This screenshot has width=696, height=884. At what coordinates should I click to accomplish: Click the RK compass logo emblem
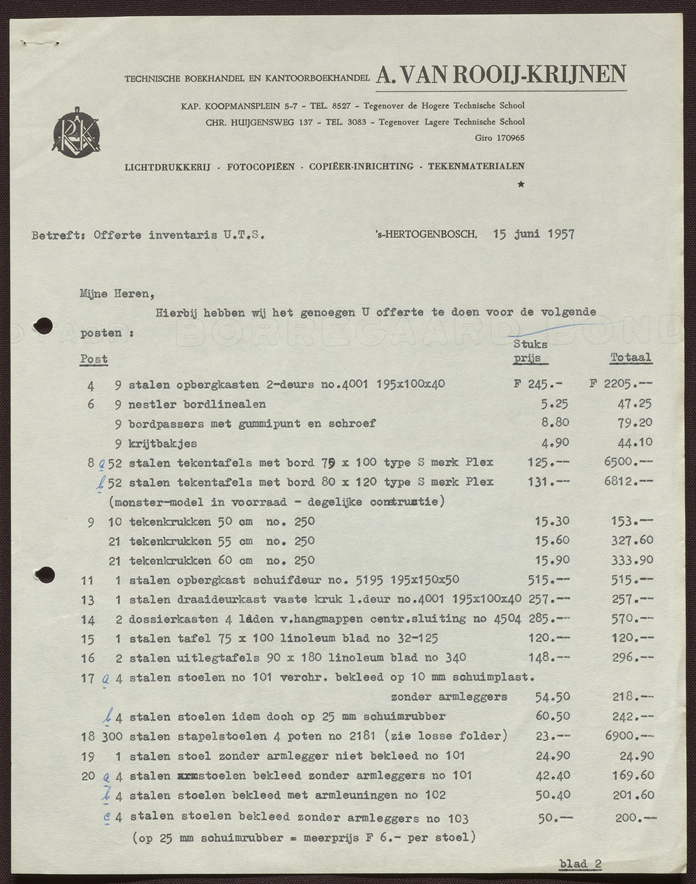[76, 131]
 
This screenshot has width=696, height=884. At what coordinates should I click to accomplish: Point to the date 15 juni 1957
[534, 234]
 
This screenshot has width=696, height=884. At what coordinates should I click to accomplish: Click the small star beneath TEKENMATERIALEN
[521, 184]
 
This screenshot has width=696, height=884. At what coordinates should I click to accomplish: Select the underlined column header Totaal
[630, 358]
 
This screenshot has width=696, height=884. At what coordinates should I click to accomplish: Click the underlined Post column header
[94, 359]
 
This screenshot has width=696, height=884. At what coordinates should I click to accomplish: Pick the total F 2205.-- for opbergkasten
[621, 384]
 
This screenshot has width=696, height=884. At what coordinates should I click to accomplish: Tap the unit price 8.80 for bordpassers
[555, 423]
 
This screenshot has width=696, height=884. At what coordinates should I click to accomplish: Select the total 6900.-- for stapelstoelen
[629, 736]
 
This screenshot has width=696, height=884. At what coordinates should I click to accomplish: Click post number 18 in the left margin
[88, 737]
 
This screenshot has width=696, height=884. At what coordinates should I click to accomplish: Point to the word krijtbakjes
[162, 444]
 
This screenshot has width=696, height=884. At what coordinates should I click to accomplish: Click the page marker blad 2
[580, 864]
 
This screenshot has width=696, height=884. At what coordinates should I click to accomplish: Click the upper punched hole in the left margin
[44, 326]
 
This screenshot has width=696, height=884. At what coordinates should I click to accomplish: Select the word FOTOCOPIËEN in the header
[260, 166]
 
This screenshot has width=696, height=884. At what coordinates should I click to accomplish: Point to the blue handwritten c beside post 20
[107, 817]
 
